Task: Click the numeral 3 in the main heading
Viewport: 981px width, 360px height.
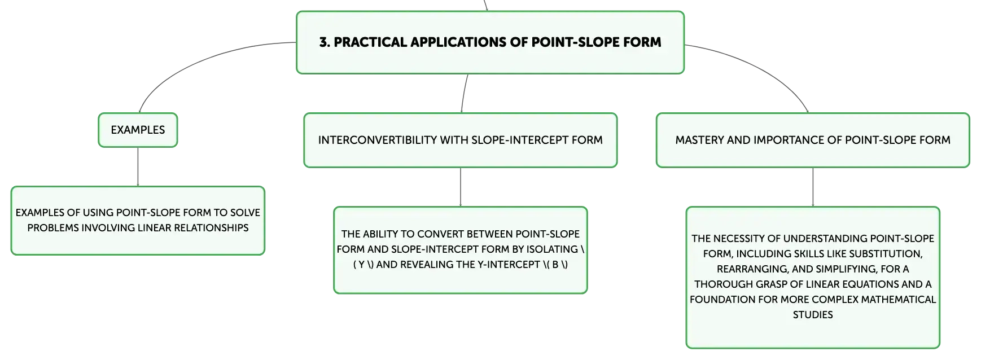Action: click(x=323, y=42)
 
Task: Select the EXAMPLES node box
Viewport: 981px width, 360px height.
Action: click(x=138, y=130)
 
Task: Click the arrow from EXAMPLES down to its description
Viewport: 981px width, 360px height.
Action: click(x=138, y=167)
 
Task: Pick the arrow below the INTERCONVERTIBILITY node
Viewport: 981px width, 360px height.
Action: click(x=461, y=187)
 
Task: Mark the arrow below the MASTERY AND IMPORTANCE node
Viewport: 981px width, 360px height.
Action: click(x=813, y=187)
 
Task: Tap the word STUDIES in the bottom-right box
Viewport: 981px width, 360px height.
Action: click(x=813, y=315)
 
